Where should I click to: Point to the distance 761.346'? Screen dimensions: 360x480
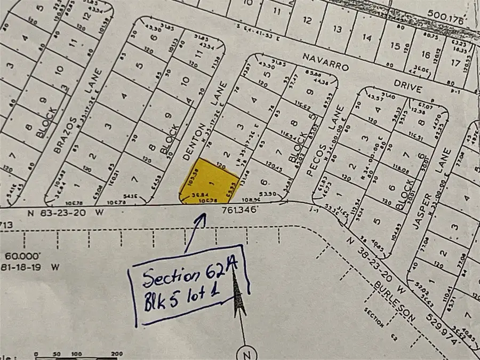[239, 211]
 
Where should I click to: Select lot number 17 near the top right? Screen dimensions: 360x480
[454, 62]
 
